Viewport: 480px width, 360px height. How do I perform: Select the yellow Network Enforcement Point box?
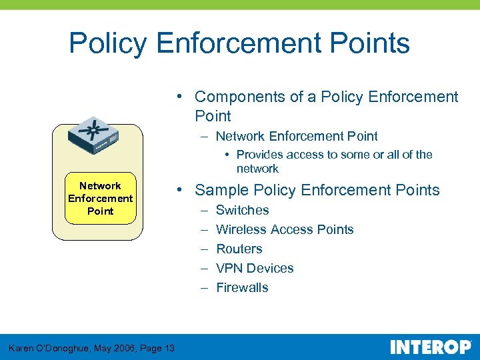click(100, 198)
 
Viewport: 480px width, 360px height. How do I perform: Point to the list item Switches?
click(243, 210)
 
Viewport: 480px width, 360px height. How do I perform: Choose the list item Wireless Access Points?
click(285, 229)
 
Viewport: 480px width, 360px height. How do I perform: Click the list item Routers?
click(239, 249)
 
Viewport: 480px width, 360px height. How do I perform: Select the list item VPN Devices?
click(255, 268)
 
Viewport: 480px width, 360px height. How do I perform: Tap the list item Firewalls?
click(243, 287)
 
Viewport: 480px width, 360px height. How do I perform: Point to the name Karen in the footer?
click(22, 348)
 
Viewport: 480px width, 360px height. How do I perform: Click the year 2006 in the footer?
click(116, 348)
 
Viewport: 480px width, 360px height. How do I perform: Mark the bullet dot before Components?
click(181, 97)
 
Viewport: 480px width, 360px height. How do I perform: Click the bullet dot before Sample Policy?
click(181, 191)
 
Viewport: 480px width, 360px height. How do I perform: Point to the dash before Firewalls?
click(202, 287)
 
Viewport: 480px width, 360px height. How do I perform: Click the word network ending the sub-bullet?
click(257, 169)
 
